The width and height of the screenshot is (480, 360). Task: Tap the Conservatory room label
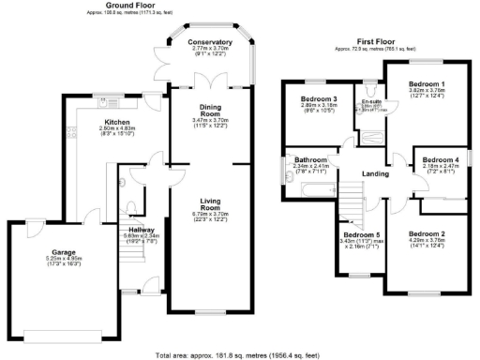click(210, 41)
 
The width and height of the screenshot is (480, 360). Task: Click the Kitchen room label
click(117, 122)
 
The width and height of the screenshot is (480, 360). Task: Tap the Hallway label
click(142, 229)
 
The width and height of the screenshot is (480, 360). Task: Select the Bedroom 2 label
click(427, 232)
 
